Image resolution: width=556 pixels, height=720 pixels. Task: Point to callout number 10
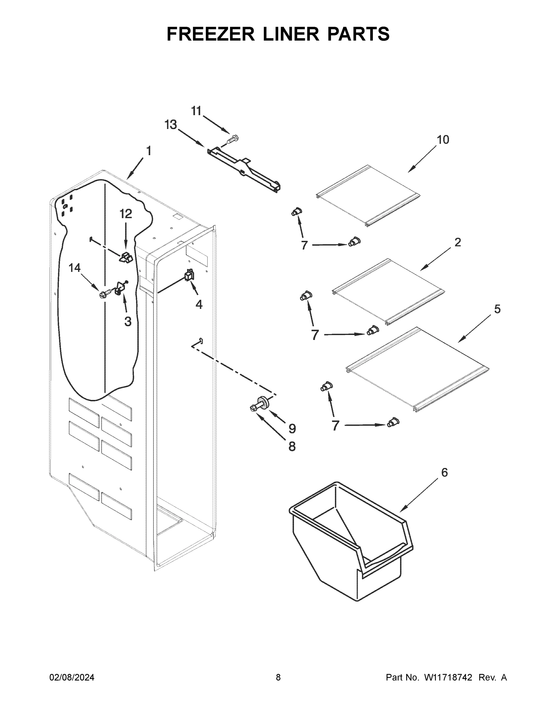pos(443,140)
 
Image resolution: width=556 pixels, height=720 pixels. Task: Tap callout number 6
pos(444,472)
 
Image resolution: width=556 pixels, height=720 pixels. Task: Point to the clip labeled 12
pos(126,257)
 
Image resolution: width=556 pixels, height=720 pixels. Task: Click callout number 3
pos(128,321)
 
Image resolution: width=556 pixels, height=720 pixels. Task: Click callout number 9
pos(292,429)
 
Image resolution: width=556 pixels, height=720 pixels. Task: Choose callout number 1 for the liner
pos(149,151)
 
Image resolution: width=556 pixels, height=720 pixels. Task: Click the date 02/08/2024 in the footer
pos(72,677)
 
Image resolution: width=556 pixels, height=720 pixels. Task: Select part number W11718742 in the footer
pos(448,677)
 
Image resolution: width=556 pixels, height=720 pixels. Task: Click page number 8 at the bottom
pos(278,677)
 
